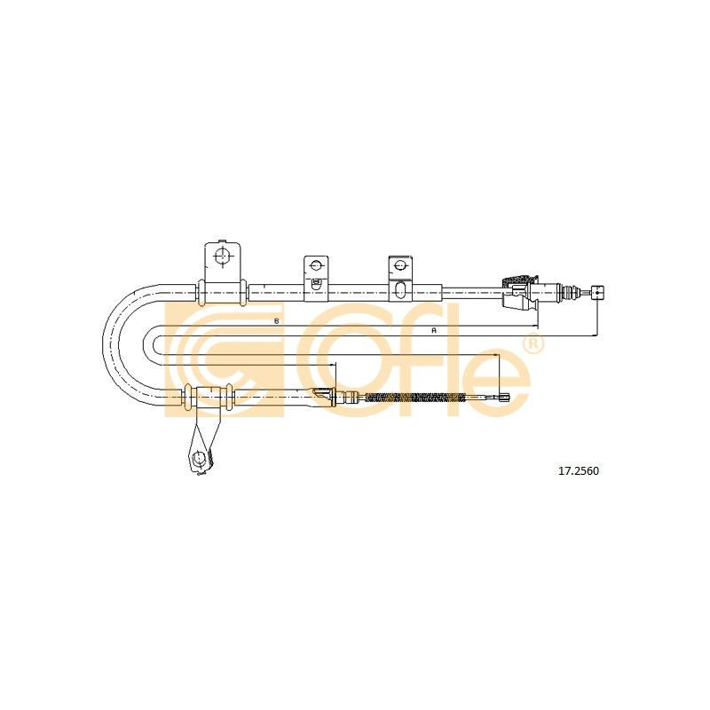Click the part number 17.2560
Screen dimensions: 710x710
579,471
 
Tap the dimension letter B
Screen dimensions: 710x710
275,320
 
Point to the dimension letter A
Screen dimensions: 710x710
433,330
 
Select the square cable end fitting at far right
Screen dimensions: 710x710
597,293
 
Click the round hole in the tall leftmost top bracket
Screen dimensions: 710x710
222,256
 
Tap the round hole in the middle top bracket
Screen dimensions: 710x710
316,264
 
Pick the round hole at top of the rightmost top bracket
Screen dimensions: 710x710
400,264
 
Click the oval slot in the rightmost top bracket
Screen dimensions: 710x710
400,290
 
